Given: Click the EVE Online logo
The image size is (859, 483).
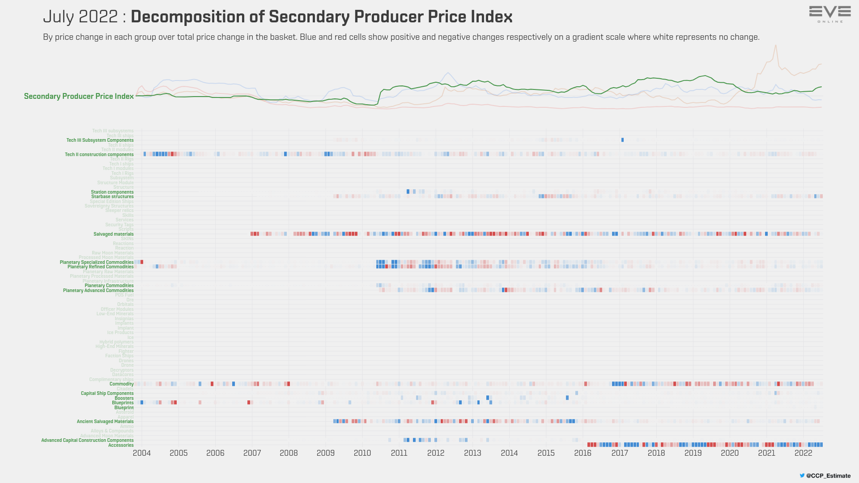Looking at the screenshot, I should pyautogui.click(x=830, y=14).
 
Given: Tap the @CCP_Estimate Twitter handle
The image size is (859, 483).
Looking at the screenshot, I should pyautogui.click(x=828, y=476).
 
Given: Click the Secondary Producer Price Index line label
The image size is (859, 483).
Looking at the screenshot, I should pyautogui.click(x=79, y=96).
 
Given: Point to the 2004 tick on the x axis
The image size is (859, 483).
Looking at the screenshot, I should pyautogui.click(x=142, y=453).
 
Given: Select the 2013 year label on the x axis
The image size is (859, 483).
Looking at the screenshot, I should pyautogui.click(x=472, y=453).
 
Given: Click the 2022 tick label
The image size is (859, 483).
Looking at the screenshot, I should pyautogui.click(x=803, y=453).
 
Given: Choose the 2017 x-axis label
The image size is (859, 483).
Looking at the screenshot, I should pyautogui.click(x=620, y=453).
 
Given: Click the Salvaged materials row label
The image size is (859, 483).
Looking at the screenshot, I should pyautogui.click(x=113, y=234).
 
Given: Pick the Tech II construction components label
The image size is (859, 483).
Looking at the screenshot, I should pyautogui.click(x=99, y=155).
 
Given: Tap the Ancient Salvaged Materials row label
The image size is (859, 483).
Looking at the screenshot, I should pyautogui.click(x=105, y=422).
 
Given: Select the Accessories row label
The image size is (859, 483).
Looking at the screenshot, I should pyautogui.click(x=121, y=445).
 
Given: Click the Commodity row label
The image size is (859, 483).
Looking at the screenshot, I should pyautogui.click(x=121, y=384).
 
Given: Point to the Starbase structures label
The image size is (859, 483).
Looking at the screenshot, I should pyautogui.click(x=112, y=197).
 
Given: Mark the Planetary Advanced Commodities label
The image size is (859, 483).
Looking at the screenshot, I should pyautogui.click(x=98, y=291).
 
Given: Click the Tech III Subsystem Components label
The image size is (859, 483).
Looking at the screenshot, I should pyautogui.click(x=100, y=140).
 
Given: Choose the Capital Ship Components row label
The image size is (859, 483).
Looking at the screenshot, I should pyautogui.click(x=107, y=394).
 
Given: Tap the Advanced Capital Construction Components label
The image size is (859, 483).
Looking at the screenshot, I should pyautogui.click(x=87, y=441).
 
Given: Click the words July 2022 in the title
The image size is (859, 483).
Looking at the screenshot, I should pyautogui.click(x=80, y=17).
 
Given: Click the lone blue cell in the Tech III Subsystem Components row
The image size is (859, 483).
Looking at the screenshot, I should pyautogui.click(x=622, y=140).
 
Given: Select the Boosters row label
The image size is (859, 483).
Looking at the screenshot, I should pyautogui.click(x=124, y=398).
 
